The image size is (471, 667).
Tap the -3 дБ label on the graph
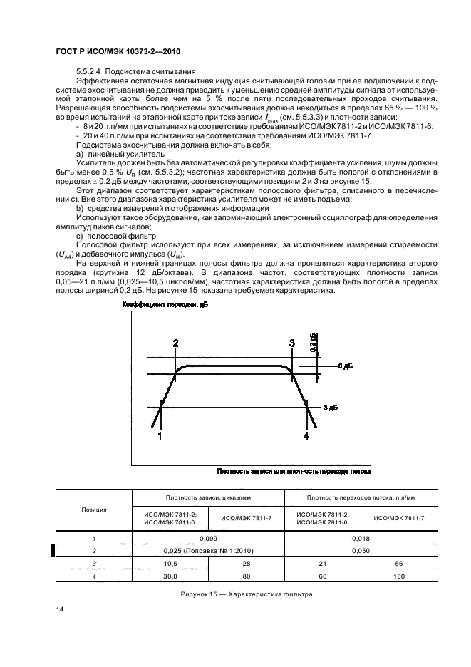(328, 407)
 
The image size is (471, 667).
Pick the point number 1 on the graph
(160, 435)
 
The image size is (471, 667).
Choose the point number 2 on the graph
(176, 343)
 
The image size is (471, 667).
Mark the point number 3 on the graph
(292, 343)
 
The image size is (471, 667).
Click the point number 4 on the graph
(307, 435)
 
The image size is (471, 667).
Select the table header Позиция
(95, 510)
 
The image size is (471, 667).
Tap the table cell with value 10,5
(170, 562)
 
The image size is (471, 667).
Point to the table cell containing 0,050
(361, 550)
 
